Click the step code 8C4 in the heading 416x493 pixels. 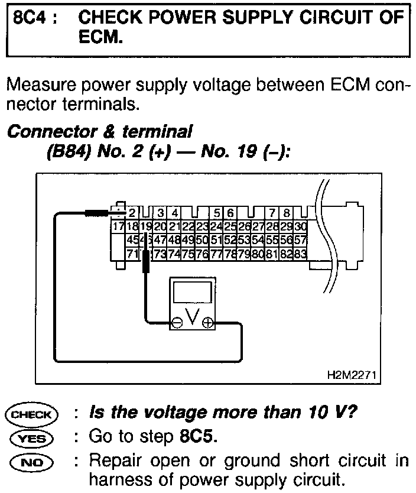(28, 18)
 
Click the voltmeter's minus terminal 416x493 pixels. (177, 323)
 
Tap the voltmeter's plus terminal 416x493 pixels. (207, 323)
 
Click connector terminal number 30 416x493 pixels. (301, 226)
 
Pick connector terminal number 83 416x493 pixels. (301, 254)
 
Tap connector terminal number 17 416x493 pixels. (118, 226)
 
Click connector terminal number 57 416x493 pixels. (301, 240)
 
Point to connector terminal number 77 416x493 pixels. (216, 254)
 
